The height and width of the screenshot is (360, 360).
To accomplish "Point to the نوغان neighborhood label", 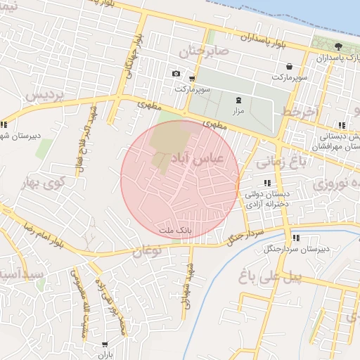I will click(x=147, y=249).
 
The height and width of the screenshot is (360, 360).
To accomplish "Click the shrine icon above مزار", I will click(x=238, y=101).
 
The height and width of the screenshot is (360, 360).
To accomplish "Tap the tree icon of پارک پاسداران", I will click(x=339, y=46).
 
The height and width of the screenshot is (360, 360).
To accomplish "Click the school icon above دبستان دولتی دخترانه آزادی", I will click(x=266, y=183).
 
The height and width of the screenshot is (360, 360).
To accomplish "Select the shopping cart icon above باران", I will click(x=105, y=345).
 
